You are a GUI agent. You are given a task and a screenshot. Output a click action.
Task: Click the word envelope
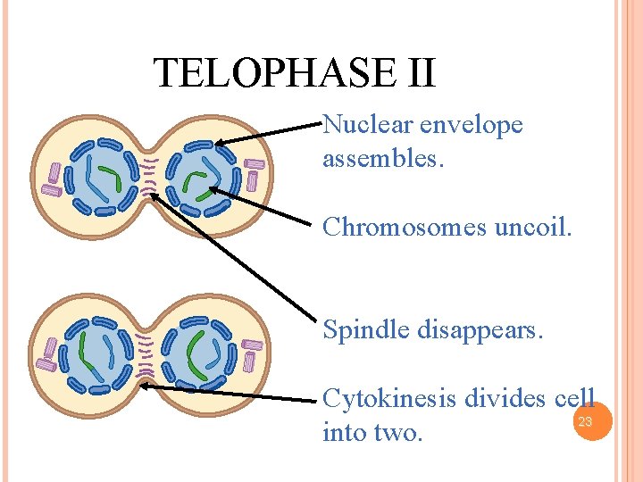click(471, 126)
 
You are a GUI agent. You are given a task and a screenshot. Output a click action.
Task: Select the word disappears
click(481, 331)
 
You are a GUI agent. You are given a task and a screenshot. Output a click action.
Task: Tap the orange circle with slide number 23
click(586, 421)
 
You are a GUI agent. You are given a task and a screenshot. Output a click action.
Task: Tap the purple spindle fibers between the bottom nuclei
click(146, 354)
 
